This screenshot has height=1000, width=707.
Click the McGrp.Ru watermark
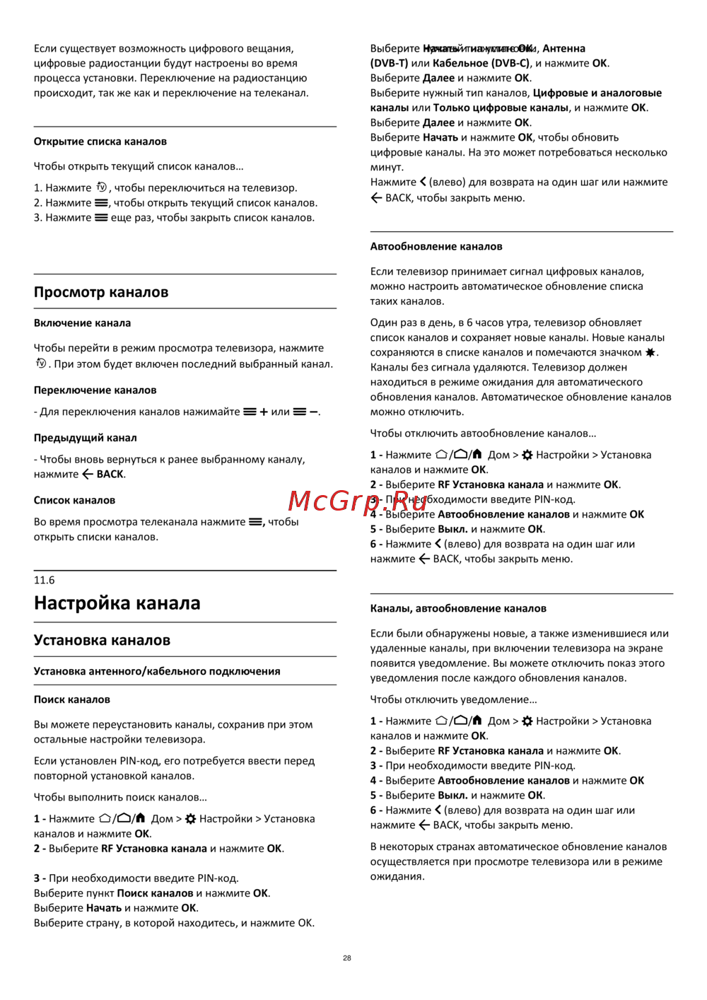[358, 501]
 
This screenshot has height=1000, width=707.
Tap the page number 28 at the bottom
[347, 958]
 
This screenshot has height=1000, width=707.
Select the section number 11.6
[44, 580]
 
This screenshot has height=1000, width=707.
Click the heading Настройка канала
[117, 603]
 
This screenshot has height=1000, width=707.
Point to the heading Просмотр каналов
[101, 292]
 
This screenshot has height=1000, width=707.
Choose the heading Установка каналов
[102, 640]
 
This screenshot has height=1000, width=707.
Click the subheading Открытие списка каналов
[100, 141]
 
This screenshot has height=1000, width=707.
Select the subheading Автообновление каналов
[436, 246]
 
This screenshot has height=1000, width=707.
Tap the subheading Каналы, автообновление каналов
[458, 608]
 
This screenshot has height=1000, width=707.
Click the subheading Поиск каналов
[72, 699]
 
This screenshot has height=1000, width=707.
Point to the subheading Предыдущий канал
[85, 438]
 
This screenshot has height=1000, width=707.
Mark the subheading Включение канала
[82, 323]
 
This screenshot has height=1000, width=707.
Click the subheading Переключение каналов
[95, 390]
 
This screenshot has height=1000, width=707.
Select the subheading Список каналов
[74, 500]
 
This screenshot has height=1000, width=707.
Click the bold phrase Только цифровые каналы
[501, 107]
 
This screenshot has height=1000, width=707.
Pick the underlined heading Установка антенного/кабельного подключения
[157, 671]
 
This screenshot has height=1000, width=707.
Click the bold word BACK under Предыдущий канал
[110, 474]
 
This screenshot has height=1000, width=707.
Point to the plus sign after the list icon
[264, 412]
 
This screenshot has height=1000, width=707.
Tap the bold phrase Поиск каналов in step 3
[155, 893]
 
